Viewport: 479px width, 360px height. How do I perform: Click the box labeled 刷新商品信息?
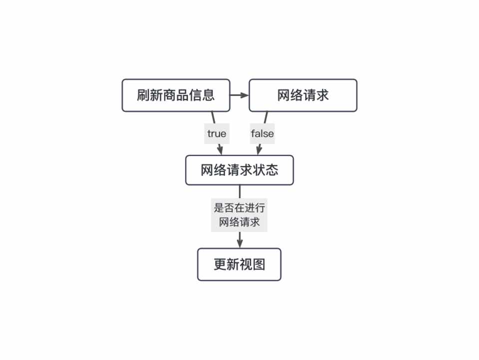coord(176,95)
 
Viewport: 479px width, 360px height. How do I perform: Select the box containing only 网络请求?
coord(303,95)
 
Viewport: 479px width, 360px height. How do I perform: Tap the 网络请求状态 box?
coord(239,170)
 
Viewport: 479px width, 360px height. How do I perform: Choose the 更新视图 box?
coord(239,264)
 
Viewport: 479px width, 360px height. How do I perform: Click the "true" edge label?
coord(217,133)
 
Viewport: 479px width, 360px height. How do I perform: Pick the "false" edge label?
coord(262,133)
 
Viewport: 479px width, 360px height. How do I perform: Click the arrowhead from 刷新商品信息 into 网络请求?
coord(245,95)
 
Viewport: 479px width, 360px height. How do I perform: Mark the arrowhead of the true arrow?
coord(220,150)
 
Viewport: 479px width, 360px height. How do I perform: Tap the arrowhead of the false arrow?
coord(258,150)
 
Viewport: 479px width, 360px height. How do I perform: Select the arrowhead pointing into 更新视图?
coord(240,243)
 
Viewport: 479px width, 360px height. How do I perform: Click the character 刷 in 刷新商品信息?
coord(143,95)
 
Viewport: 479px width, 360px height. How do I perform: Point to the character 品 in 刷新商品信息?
coord(182,95)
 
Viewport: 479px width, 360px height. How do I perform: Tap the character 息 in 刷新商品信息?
coord(208,95)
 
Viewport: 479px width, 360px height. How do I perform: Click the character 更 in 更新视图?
coord(220,264)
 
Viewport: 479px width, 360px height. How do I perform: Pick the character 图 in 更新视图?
coord(259,264)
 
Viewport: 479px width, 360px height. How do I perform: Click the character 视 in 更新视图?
coord(246,264)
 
